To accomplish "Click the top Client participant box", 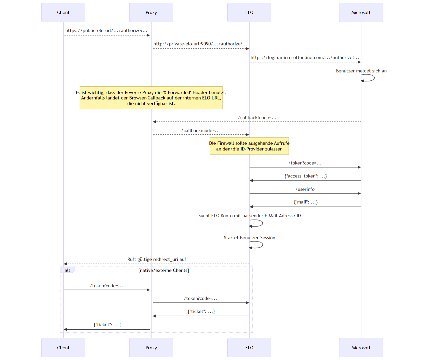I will click(x=63, y=12).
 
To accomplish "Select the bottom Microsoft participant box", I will click(x=361, y=348).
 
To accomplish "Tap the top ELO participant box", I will click(x=249, y=12).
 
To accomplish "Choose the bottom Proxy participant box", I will click(x=151, y=348).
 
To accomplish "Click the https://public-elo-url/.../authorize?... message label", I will click(x=106, y=30).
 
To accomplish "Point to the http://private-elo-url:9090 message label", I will click(x=200, y=44).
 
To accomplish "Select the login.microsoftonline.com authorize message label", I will click(x=305, y=57).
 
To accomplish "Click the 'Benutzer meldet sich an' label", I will click(x=361, y=71).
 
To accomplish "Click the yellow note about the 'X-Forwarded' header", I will click(x=151, y=98).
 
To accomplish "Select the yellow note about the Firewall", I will click(x=249, y=146).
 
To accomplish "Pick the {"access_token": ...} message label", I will click(x=305, y=176).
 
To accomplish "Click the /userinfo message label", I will click(x=305, y=189).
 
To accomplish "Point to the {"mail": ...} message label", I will click(x=305, y=202).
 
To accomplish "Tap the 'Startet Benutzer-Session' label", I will click(x=249, y=238).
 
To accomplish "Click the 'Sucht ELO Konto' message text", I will click(x=249, y=216).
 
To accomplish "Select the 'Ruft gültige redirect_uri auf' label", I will click(x=157, y=259).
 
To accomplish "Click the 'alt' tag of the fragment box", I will click(x=67, y=270).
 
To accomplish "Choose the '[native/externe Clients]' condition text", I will click(x=163, y=270).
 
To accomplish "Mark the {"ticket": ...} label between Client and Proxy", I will click(x=107, y=325).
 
